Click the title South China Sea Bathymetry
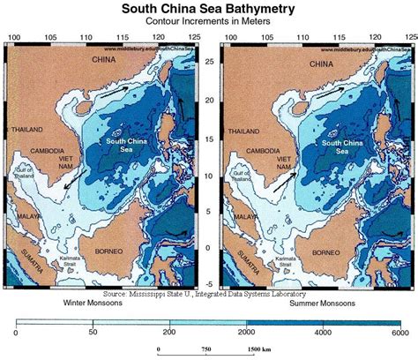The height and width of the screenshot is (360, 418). click(x=208, y=10)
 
